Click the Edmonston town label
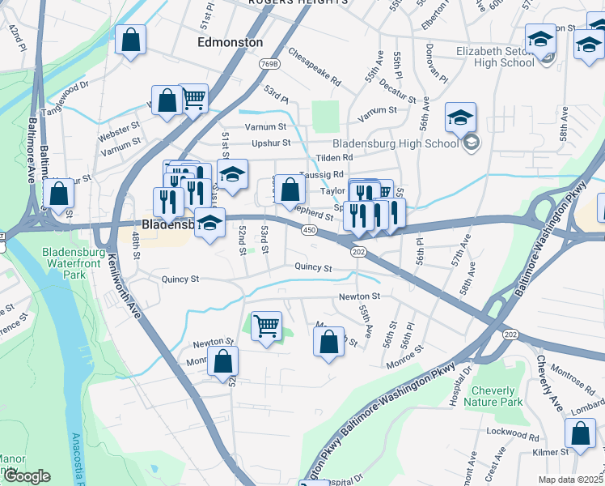click(231, 42)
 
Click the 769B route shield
click(270, 64)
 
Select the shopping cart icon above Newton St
click(266, 326)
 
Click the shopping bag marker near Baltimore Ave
click(58, 194)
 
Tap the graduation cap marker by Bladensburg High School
click(459, 117)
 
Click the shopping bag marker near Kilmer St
click(581, 433)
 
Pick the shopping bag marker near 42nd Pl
click(130, 40)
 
